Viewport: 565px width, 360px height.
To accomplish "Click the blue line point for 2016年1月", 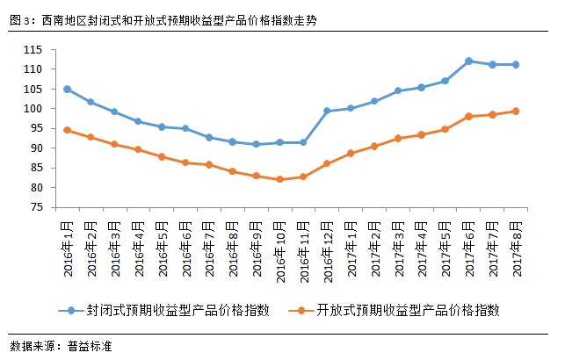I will point(68,89).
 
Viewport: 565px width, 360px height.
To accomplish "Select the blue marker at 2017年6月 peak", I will point(468,61).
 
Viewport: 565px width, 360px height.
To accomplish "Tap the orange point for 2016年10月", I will point(279,179).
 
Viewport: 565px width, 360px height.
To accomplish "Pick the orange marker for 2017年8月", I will point(516,111).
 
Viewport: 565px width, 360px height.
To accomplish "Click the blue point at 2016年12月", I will point(327,111).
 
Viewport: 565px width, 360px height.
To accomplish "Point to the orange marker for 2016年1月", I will point(68,130).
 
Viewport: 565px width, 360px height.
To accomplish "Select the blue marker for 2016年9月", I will point(256,144).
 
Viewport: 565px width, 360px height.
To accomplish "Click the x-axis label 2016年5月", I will point(162,248).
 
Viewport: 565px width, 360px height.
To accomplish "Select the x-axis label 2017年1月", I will point(350,248).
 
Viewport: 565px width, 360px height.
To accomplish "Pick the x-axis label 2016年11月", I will point(301,250).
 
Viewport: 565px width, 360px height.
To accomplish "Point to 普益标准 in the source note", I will point(91,346).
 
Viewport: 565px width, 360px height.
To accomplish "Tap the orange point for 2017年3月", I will point(398,138).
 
